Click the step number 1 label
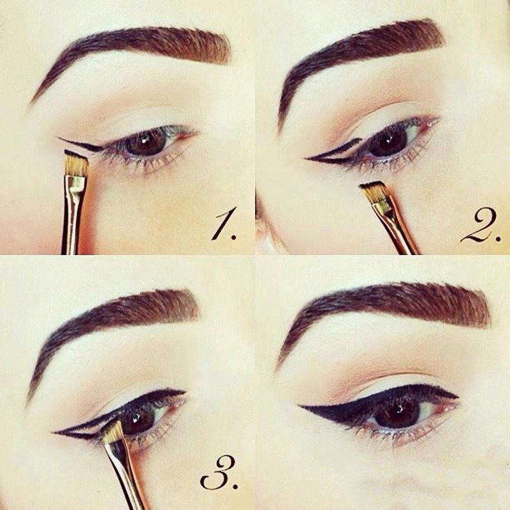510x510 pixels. [x=224, y=226]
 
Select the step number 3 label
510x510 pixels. [x=219, y=474]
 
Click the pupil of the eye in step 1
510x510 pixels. [x=145, y=142]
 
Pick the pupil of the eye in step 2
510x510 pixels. [x=389, y=143]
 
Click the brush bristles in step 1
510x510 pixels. [x=76, y=164]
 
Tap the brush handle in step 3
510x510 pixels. [x=125, y=476]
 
